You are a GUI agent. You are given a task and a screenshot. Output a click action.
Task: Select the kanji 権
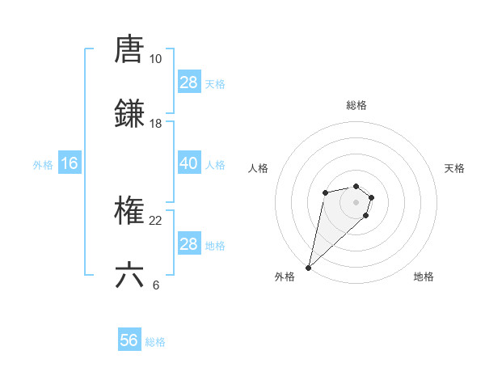click(130, 211)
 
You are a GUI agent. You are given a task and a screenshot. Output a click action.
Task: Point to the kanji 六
click(130, 275)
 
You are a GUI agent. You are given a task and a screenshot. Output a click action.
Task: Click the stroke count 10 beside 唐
click(155, 59)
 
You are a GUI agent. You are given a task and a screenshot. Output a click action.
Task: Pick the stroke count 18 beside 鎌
click(155, 124)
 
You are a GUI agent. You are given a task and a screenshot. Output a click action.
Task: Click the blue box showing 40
click(188, 163)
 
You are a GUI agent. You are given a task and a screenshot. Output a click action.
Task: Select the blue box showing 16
click(70, 163)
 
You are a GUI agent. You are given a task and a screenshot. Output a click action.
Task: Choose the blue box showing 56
click(129, 340)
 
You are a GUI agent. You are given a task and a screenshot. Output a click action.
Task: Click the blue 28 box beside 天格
click(188, 82)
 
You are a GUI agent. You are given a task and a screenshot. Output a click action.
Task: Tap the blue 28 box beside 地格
click(188, 244)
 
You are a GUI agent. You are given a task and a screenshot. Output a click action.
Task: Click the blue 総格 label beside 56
click(155, 342)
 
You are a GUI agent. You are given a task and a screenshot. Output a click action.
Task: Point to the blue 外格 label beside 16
click(43, 165)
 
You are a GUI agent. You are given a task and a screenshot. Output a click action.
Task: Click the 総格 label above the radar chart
click(356, 105)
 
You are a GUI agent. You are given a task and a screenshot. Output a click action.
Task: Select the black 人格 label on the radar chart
click(259, 168)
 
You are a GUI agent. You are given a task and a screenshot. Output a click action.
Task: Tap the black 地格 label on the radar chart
click(424, 277)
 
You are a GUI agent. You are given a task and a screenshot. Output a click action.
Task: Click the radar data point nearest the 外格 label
click(309, 268)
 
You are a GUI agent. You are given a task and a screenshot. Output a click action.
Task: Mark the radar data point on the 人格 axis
click(325, 192)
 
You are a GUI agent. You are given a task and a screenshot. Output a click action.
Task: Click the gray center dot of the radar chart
click(356, 202)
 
